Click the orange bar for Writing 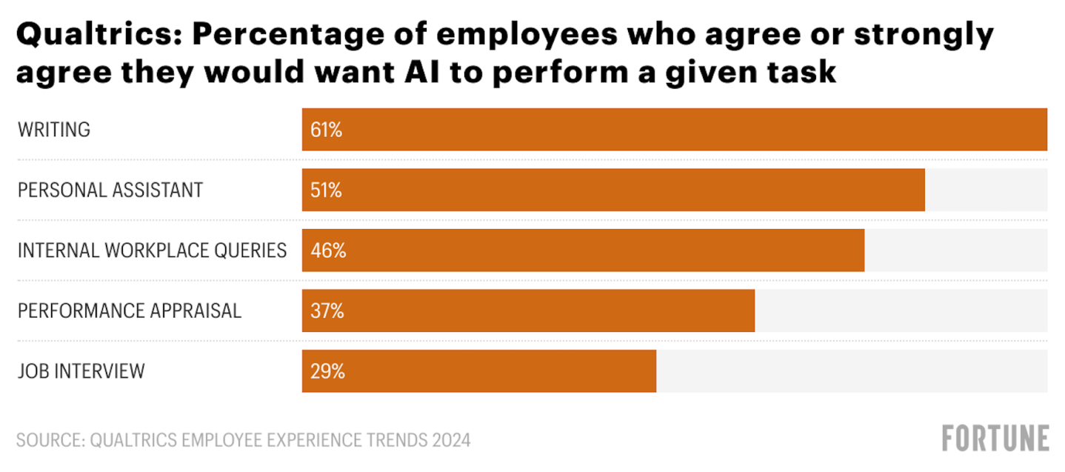pos(674,130)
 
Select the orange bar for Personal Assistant pos(613,190)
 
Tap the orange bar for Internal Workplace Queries pos(583,250)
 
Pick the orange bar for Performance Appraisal pos(528,310)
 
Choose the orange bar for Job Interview pos(478,371)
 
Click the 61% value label pos(327,130)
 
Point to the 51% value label pos(327,190)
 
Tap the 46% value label pos(328,251)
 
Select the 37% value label pos(327,311)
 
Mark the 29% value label pos(327,372)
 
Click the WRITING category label pos(54,130)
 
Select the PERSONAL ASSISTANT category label pos(110,190)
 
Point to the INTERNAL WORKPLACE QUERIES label pos(152,250)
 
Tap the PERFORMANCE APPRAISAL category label pos(130,310)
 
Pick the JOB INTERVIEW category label pos(81,371)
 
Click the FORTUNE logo pos(995,439)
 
